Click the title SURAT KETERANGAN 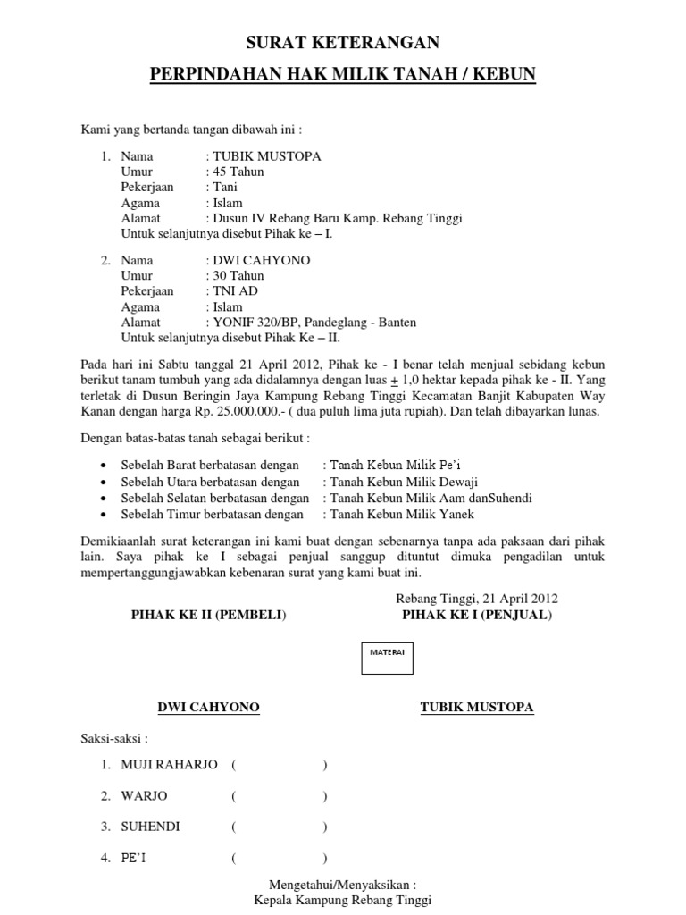click(x=343, y=43)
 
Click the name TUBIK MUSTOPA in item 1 click(x=266, y=156)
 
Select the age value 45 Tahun click(x=238, y=172)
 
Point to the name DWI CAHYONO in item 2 click(x=260, y=261)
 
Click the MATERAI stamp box click(x=388, y=654)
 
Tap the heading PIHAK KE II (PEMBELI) click(x=208, y=616)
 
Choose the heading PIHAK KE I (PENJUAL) click(x=477, y=616)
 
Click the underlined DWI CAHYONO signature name click(x=208, y=708)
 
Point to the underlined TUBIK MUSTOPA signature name click(x=477, y=708)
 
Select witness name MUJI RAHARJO click(x=169, y=765)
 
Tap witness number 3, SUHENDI click(x=150, y=827)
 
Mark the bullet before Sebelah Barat click(x=105, y=466)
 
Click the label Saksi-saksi click(x=115, y=739)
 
